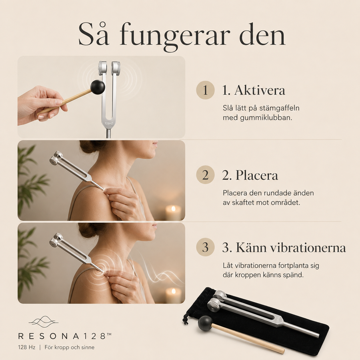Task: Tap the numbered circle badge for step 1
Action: [205, 90]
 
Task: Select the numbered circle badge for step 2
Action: [205, 175]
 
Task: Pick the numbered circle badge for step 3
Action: [205, 247]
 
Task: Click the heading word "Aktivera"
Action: [260, 90]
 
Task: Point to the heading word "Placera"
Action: [257, 175]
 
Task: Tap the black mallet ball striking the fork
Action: [98, 86]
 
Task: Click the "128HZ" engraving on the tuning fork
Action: [109, 124]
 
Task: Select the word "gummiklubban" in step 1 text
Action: [266, 118]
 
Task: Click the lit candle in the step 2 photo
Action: [174, 213]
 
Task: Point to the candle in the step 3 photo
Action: [174, 296]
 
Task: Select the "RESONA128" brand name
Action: [65, 336]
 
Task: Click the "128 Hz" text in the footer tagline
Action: [27, 347]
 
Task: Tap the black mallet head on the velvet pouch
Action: [205, 323]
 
